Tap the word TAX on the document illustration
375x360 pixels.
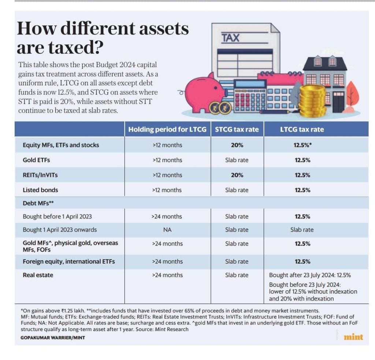pyautogui.click(x=230, y=37)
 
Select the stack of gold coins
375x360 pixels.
pyautogui.click(x=312, y=99)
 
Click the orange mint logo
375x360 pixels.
pyautogui.click(x=353, y=337)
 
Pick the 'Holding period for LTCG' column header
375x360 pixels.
pyautogui.click(x=167, y=129)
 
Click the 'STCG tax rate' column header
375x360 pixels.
pyautogui.click(x=237, y=129)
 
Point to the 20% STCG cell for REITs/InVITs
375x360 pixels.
pyautogui.click(x=237, y=175)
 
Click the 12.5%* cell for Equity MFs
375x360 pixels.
pyautogui.click(x=302, y=145)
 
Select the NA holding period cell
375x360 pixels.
pyautogui.click(x=167, y=230)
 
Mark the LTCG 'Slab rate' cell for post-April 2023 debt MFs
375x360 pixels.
pyautogui.click(x=302, y=230)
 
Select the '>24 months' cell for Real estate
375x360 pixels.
pyautogui.click(x=167, y=275)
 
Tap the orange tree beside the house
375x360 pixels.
pyautogui.click(x=352, y=95)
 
